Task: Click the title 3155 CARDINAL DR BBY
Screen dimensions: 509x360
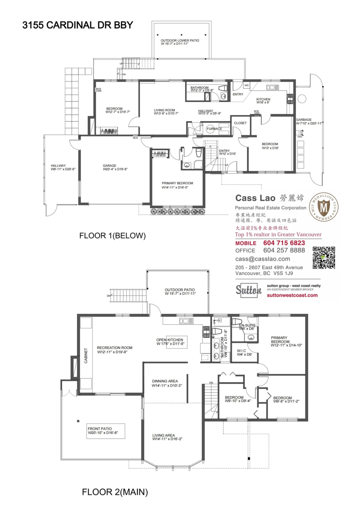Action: click(x=77, y=25)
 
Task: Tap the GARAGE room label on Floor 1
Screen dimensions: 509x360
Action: click(x=110, y=166)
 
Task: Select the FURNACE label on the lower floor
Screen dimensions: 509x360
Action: click(x=214, y=129)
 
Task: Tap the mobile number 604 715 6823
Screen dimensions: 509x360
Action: click(x=284, y=243)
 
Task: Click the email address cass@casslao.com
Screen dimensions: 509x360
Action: click(x=263, y=259)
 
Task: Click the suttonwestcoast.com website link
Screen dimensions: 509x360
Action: click(x=292, y=295)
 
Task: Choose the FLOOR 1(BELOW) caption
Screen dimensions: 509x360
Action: click(x=112, y=236)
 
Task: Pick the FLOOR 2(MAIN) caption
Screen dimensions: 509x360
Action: click(x=115, y=492)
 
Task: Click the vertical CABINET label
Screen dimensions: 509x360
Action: click(x=85, y=355)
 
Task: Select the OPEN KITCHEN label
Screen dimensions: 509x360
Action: click(x=170, y=340)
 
